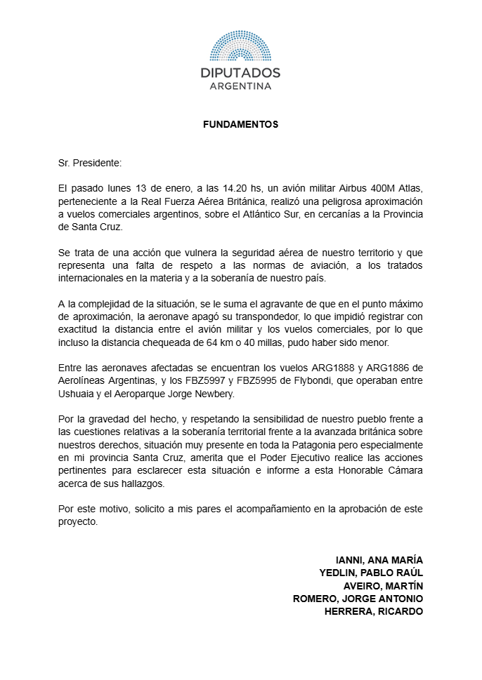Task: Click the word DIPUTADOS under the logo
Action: tap(240, 73)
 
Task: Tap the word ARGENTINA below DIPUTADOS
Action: tap(240, 86)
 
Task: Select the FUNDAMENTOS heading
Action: tap(240, 125)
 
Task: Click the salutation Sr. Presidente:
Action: tap(90, 163)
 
